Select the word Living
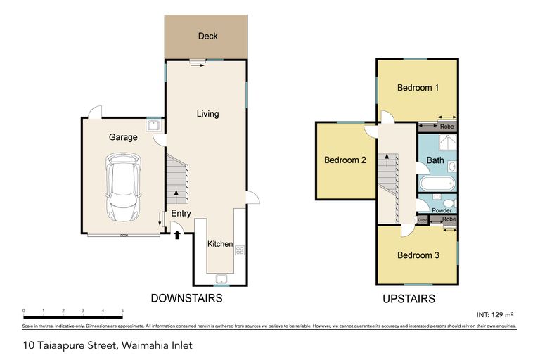207,113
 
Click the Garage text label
123,137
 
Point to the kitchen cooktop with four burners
239,250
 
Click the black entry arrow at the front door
177,234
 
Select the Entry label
181,214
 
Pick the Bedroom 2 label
345,160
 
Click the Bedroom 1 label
418,88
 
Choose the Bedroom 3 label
418,255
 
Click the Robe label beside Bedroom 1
446,127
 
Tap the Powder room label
442,210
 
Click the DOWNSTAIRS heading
187,298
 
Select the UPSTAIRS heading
409,299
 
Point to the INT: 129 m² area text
496,313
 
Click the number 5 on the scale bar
122,310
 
